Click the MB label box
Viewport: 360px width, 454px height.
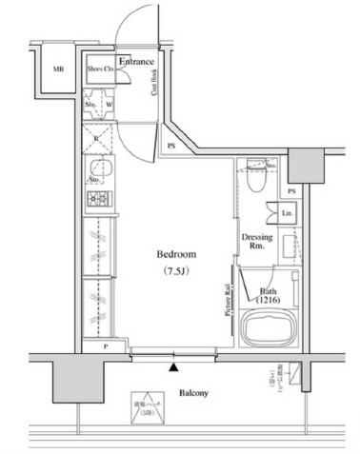point(58,69)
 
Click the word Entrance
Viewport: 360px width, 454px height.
point(137,61)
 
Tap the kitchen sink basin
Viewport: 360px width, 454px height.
point(97,171)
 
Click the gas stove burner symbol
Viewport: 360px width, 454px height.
point(97,200)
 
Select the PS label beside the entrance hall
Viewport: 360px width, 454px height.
point(170,146)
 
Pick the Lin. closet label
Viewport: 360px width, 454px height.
point(288,213)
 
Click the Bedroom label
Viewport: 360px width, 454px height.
point(176,255)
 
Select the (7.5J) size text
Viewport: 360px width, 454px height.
point(176,274)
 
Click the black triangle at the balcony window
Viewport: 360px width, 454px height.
point(173,365)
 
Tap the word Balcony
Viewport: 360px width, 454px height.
point(193,392)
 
